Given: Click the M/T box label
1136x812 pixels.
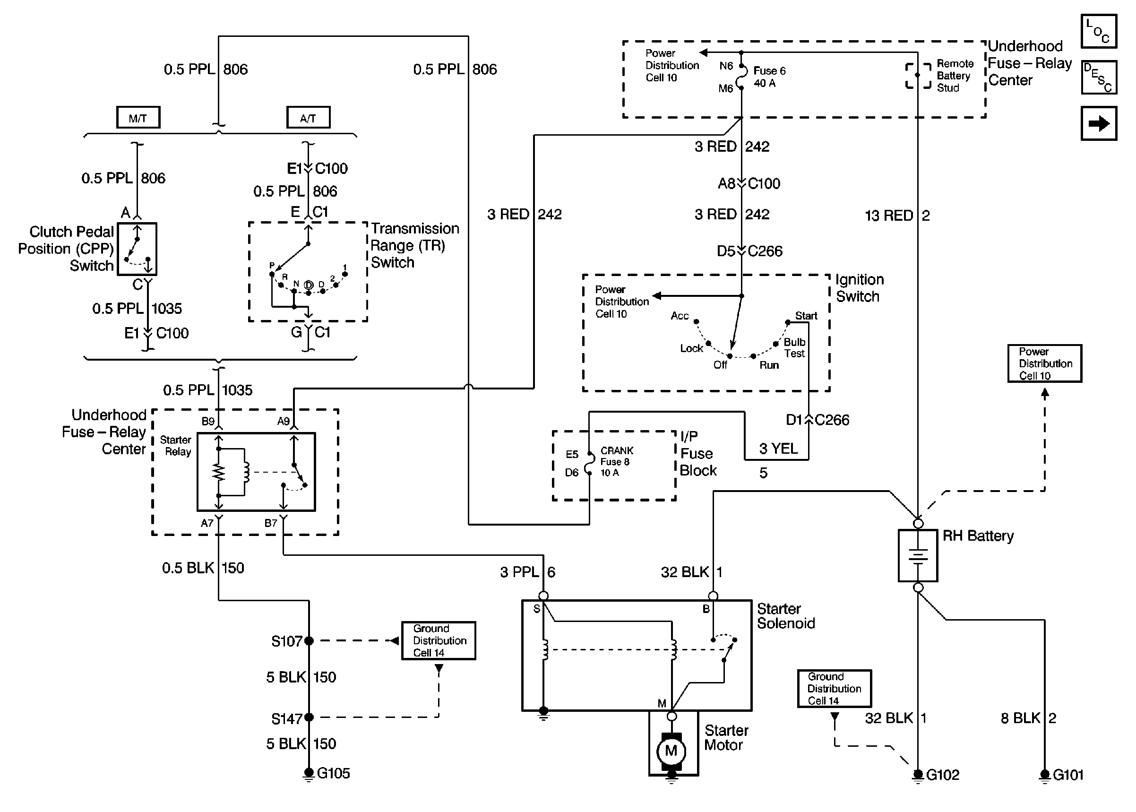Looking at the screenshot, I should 138,118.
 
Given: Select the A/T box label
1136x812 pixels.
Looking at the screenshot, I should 308,118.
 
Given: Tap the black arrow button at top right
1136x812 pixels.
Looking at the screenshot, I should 1099,123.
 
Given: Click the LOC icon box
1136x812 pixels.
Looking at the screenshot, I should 1099,32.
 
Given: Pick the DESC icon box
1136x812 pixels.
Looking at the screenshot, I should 1099,78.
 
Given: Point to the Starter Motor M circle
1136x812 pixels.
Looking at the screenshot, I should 671,751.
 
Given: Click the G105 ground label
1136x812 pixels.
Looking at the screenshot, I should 333,774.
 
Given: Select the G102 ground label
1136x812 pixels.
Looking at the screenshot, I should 943,775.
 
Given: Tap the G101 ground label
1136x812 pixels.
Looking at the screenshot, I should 1068,775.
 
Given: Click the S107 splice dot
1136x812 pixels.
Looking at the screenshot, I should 309,640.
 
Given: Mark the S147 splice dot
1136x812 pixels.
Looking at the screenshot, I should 309,717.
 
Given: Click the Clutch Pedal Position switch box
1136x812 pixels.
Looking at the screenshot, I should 137,249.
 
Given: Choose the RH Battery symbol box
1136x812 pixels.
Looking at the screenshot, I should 918,555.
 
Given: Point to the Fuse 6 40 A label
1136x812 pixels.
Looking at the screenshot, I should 769,77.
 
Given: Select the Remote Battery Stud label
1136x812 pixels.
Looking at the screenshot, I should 955,76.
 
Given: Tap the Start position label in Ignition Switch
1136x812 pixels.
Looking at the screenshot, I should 806,316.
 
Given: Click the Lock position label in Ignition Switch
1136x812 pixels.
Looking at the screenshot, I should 691,348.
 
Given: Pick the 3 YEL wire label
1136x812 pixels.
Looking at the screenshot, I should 778,449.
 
